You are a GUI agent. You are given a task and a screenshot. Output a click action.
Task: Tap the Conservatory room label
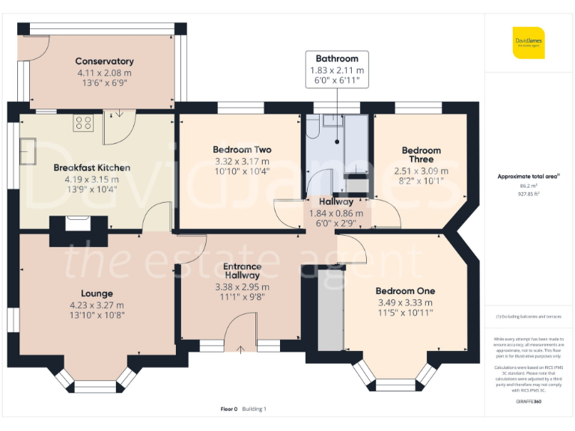tap(104, 61)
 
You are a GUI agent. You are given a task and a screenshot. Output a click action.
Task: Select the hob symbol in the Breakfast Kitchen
tap(82, 123)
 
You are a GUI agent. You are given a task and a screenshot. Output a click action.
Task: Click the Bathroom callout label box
tap(336, 69)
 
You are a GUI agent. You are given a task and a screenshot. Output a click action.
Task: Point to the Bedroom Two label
tap(242, 150)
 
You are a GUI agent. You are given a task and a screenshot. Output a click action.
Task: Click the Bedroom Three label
tap(421, 155)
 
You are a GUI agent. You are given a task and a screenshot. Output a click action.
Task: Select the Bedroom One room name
tap(405, 291)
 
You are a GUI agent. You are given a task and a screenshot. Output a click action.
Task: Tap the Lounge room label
tap(97, 293)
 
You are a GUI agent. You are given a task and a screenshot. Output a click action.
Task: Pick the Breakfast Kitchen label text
tap(92, 168)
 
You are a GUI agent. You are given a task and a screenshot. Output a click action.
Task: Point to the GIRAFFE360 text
tap(529, 402)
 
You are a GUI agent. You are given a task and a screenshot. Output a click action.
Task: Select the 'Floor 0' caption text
tap(228, 409)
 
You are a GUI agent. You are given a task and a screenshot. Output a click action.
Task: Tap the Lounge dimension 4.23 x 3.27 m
tap(97, 305)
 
